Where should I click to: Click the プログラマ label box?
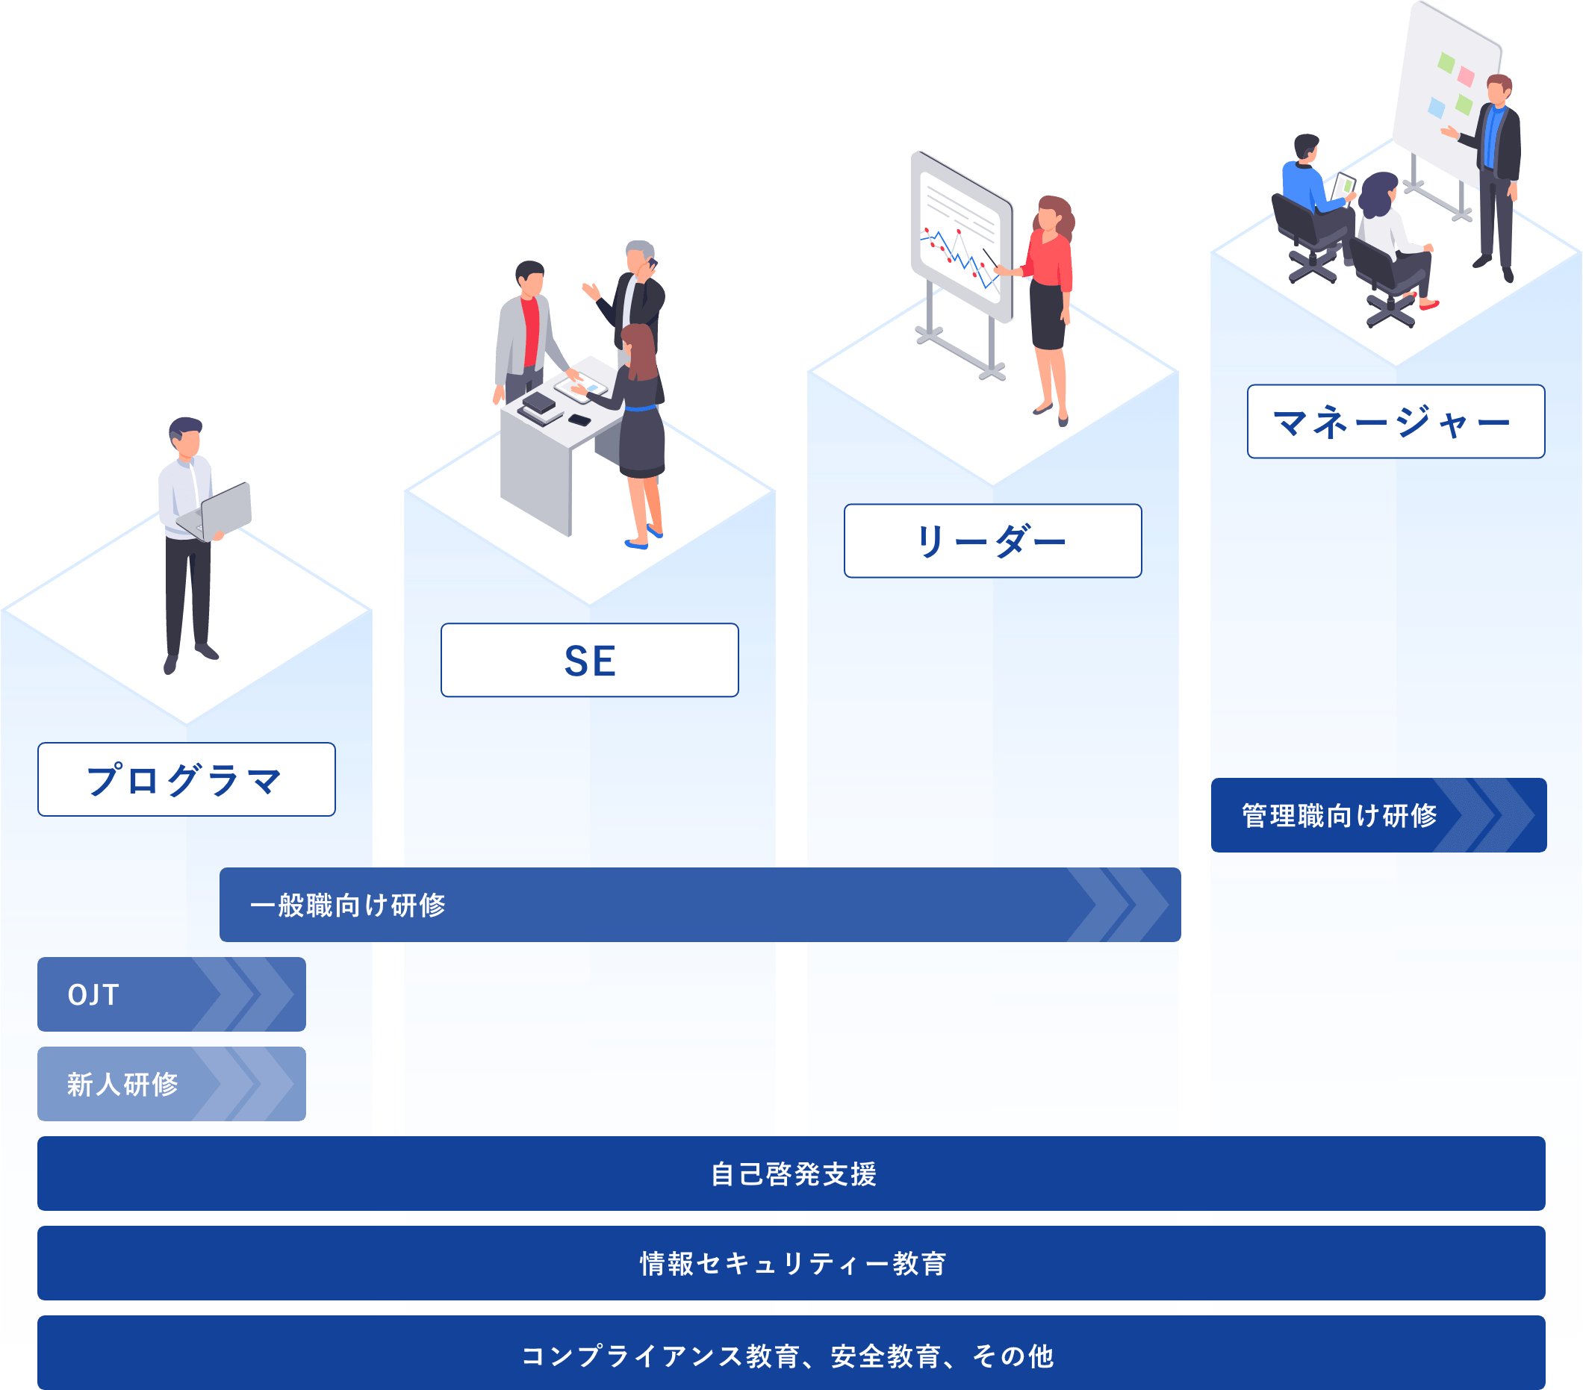pos(186,779)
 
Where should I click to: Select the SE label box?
pos(589,660)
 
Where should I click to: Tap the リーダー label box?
pos(992,540)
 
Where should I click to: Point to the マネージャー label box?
pos(1396,421)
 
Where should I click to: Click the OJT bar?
pos(171,994)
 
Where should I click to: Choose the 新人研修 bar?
pos(171,1083)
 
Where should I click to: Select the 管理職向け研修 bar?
pos(1378,814)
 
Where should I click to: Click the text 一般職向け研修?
pos(348,905)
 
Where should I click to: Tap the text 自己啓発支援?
pos(793,1174)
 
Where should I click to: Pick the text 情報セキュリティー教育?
pos(793,1263)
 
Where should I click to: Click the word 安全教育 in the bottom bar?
pos(885,1356)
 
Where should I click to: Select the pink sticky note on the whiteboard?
pos(1465,75)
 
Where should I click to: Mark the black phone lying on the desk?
pos(579,420)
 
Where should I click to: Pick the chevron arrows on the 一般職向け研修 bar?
pos(1119,905)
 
